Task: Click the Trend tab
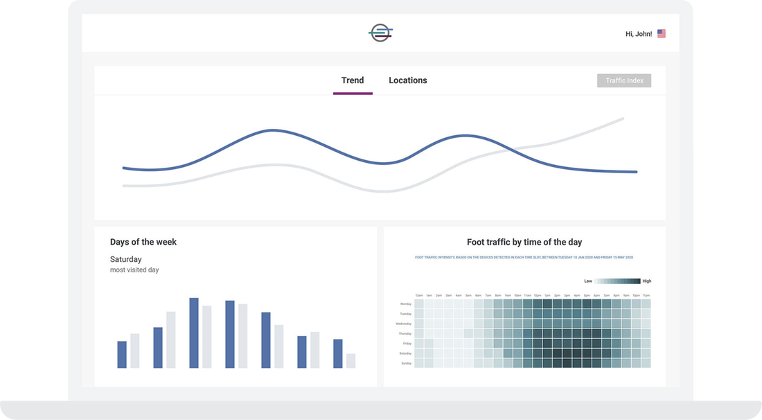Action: pyautogui.click(x=353, y=80)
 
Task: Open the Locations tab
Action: pyautogui.click(x=408, y=80)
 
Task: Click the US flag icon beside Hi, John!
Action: pyautogui.click(x=662, y=33)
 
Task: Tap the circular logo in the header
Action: pyautogui.click(x=381, y=33)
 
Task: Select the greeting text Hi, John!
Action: pyautogui.click(x=638, y=33)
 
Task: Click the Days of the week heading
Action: pyautogui.click(x=143, y=242)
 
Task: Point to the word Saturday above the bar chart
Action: pyautogui.click(x=126, y=259)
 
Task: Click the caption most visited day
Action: pyautogui.click(x=134, y=270)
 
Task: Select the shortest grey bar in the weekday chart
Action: pyautogui.click(x=351, y=360)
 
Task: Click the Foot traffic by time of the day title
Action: pyautogui.click(x=524, y=242)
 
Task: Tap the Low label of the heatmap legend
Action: pyautogui.click(x=588, y=281)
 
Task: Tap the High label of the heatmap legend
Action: pyautogui.click(x=647, y=281)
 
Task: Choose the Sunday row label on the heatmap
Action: pyautogui.click(x=406, y=363)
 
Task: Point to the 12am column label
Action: pyautogui.click(x=419, y=296)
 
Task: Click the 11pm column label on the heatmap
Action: pyautogui.click(x=646, y=296)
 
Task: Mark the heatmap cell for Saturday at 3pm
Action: pyautogui.click(x=567, y=353)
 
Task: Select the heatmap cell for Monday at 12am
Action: pyautogui.click(x=419, y=304)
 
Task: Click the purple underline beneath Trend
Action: pyautogui.click(x=353, y=94)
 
